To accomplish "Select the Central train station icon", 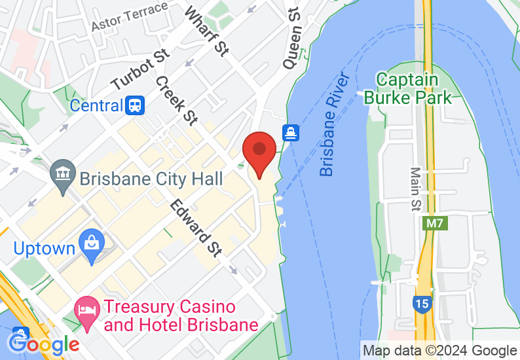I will [x=136, y=105].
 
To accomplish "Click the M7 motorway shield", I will [x=434, y=223].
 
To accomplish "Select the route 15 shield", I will [x=422, y=303].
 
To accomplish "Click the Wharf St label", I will [x=206, y=31].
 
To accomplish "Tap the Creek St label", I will [x=176, y=99].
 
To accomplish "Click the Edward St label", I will [x=195, y=228].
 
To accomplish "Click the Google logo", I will [x=44, y=342].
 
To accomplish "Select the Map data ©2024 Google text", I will [x=439, y=351].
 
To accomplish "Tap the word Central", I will [x=96, y=105].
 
